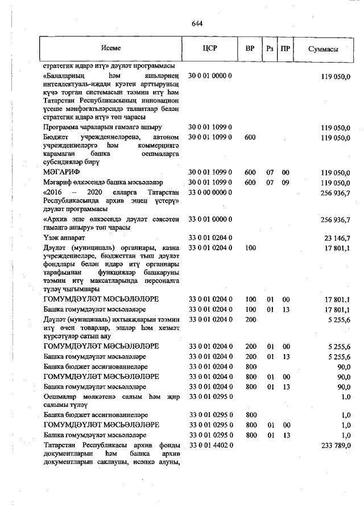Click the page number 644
coord(197,23)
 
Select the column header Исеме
coord(111,49)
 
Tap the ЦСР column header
coord(210,49)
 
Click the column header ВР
coord(250,49)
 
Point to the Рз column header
coord(270,49)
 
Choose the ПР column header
coord(286,49)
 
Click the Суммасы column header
coord(323,50)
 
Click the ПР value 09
coord(286,183)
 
